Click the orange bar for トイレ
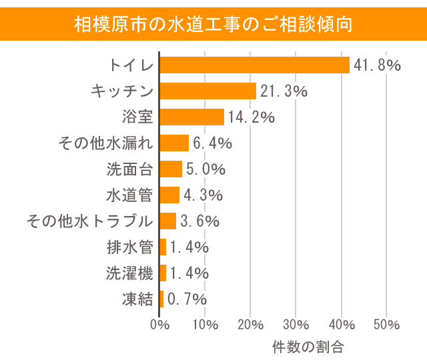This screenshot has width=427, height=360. point(254,65)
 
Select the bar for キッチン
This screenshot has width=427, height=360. point(208,91)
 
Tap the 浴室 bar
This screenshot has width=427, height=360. point(192,117)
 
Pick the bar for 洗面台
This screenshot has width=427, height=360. point(171,169)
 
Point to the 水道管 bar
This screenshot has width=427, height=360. point(169,195)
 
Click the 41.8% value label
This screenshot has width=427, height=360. point(376,65)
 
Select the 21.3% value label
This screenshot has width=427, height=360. point(284,91)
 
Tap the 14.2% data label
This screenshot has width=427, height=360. point(252,117)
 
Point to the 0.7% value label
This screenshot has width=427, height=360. point(187,299)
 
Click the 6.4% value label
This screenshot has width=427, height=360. point(212,143)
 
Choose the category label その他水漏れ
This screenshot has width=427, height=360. point(106,143)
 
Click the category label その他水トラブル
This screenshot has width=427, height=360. point(89,221)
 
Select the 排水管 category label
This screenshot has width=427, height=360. point(129,247)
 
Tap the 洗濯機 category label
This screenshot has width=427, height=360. point(129,273)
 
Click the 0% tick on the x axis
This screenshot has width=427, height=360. point(159,325)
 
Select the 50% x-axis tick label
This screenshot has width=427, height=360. point(386,325)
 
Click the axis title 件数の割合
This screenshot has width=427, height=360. point(308,347)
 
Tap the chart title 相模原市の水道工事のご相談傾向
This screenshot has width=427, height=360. point(213,24)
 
